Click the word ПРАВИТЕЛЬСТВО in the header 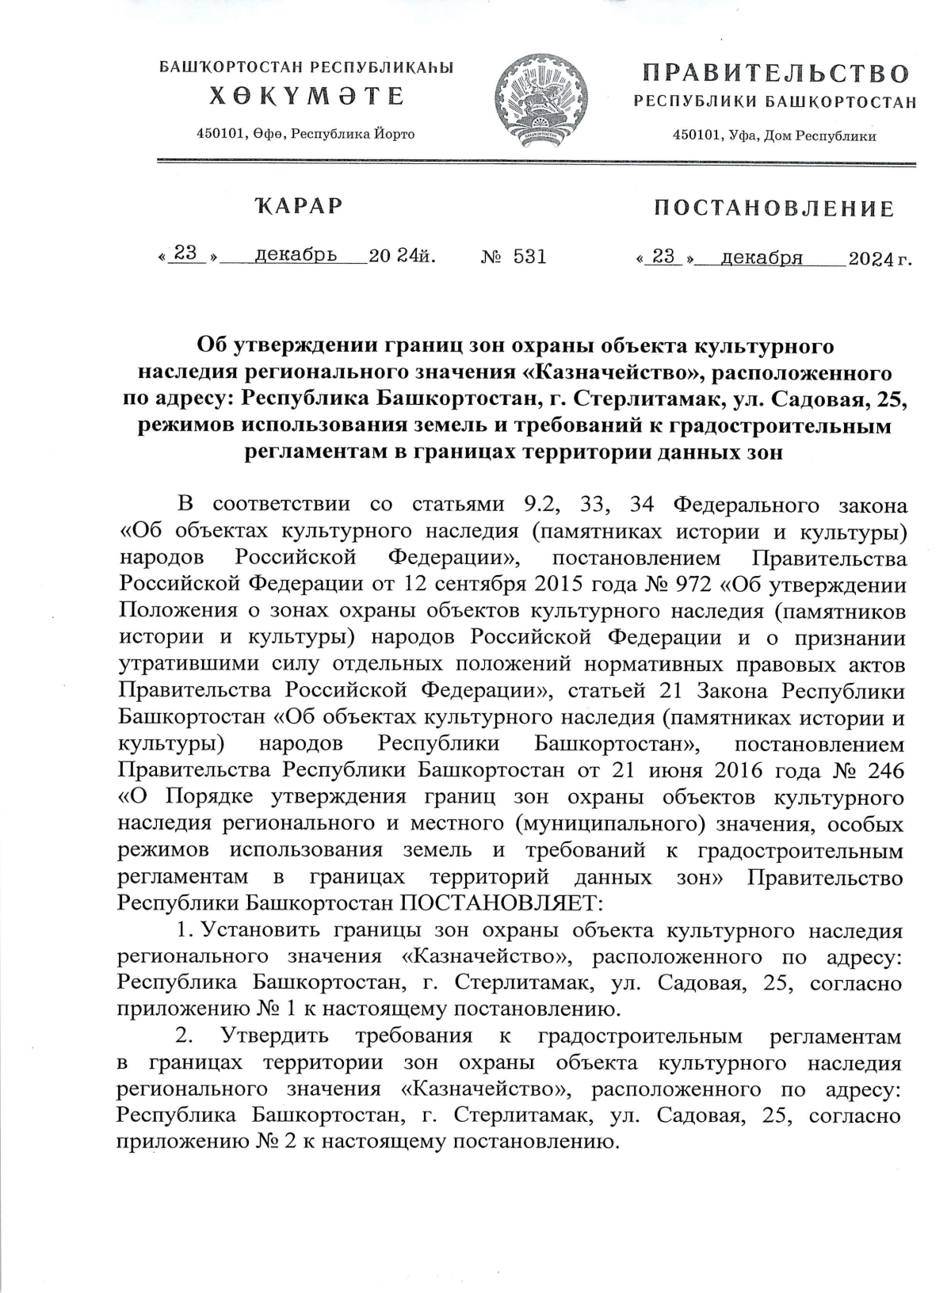(x=775, y=74)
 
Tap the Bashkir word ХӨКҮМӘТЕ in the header (x=307, y=97)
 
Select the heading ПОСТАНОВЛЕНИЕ (x=773, y=209)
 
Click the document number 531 (x=530, y=257)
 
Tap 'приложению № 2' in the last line (x=206, y=1142)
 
